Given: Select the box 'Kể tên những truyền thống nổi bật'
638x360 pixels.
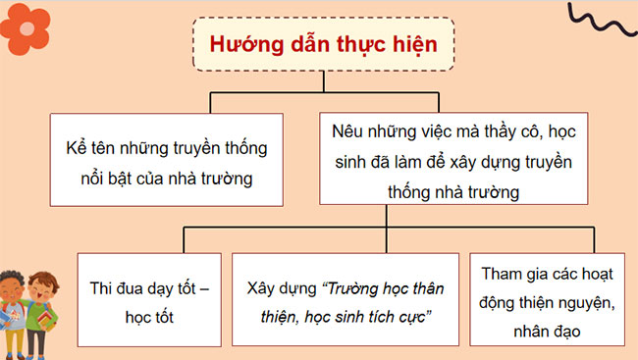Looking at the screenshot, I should coord(160,160).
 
